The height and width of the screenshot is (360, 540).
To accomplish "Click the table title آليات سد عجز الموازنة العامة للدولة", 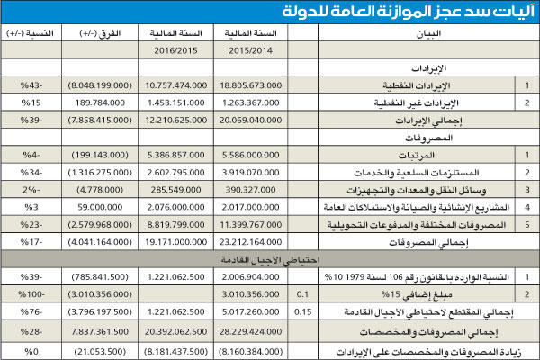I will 405,13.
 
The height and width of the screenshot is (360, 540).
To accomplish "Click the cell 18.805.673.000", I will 270,84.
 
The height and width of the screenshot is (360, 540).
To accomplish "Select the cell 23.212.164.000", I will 270,242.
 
